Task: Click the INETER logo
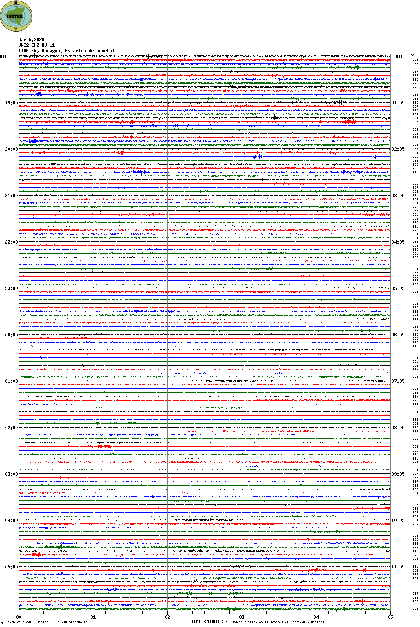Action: click(x=16, y=16)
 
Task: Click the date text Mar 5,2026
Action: click(x=31, y=40)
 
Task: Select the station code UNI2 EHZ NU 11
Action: click(x=36, y=45)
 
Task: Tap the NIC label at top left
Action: click(x=4, y=56)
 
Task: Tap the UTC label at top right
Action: click(x=399, y=56)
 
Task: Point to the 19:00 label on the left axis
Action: click(x=11, y=103)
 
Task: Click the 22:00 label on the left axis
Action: click(x=11, y=242)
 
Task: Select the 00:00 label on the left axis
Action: click(x=11, y=335)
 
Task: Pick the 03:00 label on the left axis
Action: click(x=11, y=474)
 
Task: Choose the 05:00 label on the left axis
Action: click(x=11, y=567)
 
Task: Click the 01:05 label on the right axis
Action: click(x=398, y=103)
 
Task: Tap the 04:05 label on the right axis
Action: click(x=398, y=242)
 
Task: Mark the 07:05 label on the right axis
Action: click(x=398, y=381)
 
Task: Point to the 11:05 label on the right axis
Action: click(x=398, y=567)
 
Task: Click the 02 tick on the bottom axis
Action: click(x=167, y=617)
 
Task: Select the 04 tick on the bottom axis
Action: click(x=316, y=617)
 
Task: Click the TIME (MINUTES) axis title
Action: click(x=209, y=621)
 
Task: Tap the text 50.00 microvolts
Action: click(x=72, y=622)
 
